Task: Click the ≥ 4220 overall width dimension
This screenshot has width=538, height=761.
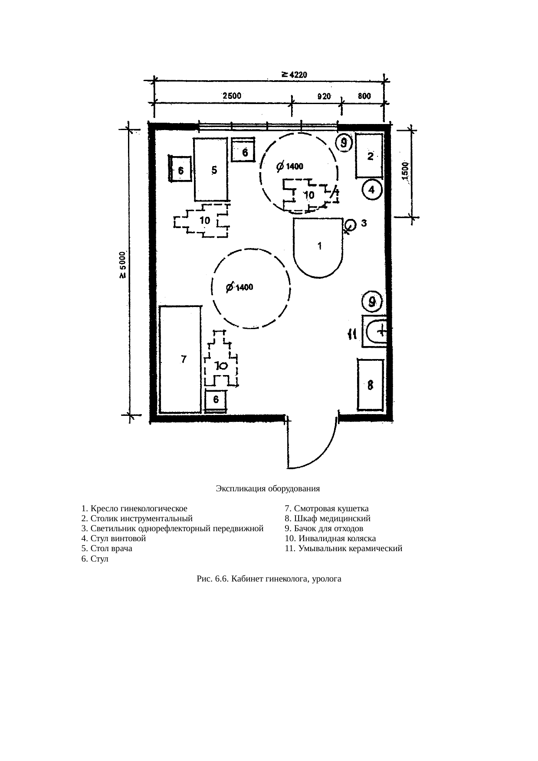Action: tap(295, 75)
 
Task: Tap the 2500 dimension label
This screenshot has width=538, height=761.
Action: tap(232, 96)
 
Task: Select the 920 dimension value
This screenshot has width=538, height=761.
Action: tap(323, 96)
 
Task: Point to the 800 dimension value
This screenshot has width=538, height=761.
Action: tap(364, 96)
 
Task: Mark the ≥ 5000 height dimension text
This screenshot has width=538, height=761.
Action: tap(123, 265)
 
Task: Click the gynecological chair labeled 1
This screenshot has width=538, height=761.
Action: tap(319, 247)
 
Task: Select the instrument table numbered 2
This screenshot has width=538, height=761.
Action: tap(369, 156)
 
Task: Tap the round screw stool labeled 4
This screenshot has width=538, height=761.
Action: tap(372, 190)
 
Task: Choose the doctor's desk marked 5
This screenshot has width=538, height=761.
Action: tap(211, 169)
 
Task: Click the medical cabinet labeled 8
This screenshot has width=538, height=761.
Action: tap(371, 385)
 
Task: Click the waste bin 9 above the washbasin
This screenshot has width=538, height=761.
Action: tap(372, 301)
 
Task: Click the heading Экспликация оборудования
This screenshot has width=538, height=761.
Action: tap(268, 489)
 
